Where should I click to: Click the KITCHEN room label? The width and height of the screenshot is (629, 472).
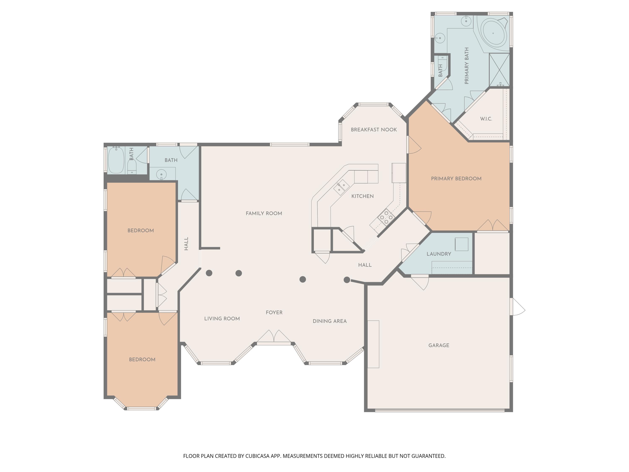click(362, 196)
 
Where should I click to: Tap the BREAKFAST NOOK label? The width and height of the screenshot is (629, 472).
click(374, 130)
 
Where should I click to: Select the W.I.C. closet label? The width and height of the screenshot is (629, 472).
click(486, 119)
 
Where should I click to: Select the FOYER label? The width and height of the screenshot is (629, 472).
click(274, 312)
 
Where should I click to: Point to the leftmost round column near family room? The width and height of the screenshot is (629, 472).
click(209, 273)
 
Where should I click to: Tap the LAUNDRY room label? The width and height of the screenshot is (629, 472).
click(438, 254)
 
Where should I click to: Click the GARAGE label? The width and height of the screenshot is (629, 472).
click(438, 345)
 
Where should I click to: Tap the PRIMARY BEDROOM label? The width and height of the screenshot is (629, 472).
click(456, 179)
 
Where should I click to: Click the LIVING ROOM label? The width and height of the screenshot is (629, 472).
click(222, 319)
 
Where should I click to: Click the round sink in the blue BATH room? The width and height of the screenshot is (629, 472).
click(161, 174)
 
